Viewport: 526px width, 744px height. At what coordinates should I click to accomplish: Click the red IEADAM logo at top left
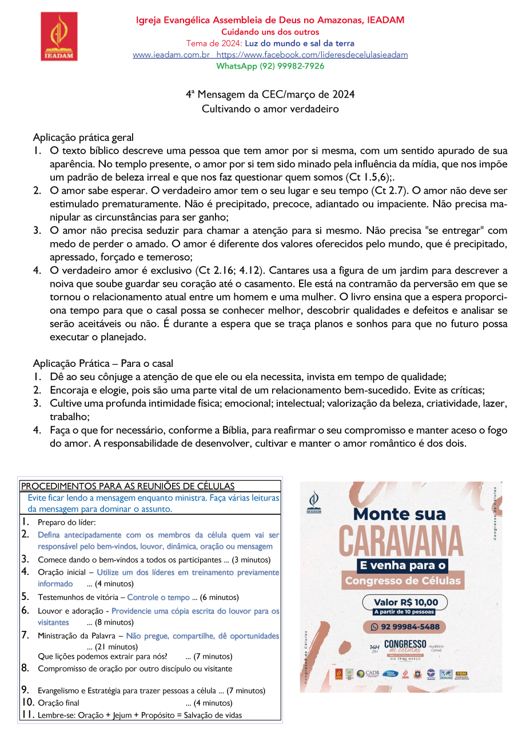coord(59,37)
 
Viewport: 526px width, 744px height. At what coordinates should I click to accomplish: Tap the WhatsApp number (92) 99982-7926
coord(270,66)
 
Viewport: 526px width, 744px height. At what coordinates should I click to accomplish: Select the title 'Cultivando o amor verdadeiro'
coord(270,109)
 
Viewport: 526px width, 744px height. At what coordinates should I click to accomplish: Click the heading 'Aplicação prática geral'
coord(83,137)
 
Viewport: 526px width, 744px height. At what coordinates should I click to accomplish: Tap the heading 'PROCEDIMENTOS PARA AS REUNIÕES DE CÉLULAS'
coord(127,486)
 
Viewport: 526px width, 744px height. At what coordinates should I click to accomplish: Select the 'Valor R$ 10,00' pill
coord(405,602)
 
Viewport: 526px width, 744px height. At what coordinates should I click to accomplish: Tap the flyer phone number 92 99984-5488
coord(410,626)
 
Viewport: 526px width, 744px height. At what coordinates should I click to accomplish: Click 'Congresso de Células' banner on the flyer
coord(402,582)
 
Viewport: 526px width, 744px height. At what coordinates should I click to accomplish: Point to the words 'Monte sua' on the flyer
coord(399,514)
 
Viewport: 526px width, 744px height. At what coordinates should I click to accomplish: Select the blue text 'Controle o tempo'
coord(158,598)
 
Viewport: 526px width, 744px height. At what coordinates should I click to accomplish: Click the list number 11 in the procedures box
coord(27,715)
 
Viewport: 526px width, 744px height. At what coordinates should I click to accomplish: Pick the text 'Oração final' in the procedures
coord(58,703)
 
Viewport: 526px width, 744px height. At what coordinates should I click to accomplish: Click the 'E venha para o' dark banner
coord(401,566)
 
